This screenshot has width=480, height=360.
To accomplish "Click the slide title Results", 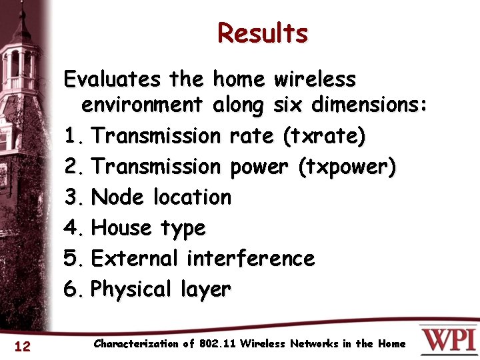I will [x=263, y=33].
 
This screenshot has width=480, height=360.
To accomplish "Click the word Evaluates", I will [x=112, y=79].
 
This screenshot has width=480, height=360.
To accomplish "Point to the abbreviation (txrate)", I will [x=324, y=137].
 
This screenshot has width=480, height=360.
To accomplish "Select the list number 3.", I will [x=72, y=197].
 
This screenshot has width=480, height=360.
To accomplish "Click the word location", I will [x=192, y=197].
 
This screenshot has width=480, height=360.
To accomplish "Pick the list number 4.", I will [x=72, y=228].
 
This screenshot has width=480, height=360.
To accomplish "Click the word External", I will [x=135, y=258].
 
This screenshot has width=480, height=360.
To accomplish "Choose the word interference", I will [x=250, y=258].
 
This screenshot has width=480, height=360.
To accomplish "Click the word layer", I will [x=205, y=289].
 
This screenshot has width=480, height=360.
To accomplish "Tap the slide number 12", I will [x=23, y=345].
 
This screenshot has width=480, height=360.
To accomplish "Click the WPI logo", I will [x=448, y=339].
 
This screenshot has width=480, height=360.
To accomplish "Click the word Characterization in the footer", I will [x=136, y=344].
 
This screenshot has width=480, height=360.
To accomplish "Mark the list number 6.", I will [x=72, y=289].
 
